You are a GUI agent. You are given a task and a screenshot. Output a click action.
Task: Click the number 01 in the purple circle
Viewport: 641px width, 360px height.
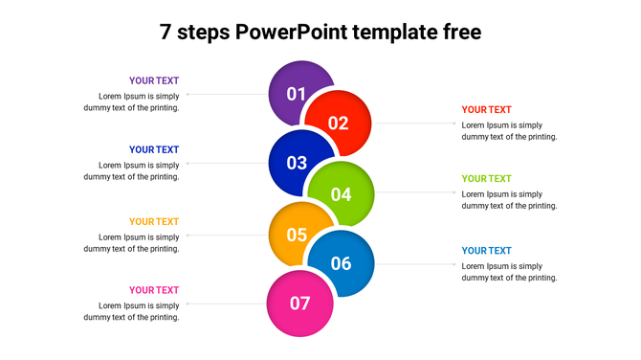pyautogui.click(x=296, y=94)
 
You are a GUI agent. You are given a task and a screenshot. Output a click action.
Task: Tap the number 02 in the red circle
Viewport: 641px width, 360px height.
pyautogui.click(x=338, y=123)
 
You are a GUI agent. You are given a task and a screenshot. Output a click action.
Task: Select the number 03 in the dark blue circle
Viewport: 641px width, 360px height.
pyautogui.click(x=297, y=163)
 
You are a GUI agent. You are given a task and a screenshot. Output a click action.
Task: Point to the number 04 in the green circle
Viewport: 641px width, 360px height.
pyautogui.click(x=341, y=194)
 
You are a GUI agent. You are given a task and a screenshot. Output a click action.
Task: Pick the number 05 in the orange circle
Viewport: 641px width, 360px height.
pyautogui.click(x=297, y=235)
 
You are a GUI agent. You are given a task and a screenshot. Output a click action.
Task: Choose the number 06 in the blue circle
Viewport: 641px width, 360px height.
pyautogui.click(x=341, y=263)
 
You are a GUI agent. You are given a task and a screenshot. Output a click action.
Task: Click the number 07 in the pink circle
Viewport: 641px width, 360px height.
pyautogui.click(x=299, y=304)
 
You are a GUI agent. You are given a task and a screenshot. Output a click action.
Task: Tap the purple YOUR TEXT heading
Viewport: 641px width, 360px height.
pyautogui.click(x=154, y=80)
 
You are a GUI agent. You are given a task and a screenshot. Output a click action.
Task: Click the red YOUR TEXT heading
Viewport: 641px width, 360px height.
pyautogui.click(x=486, y=109)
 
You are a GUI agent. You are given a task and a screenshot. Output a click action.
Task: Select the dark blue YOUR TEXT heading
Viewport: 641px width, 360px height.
pyautogui.click(x=154, y=149)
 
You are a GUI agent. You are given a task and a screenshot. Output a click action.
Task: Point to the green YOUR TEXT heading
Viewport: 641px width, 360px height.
pyautogui.click(x=486, y=178)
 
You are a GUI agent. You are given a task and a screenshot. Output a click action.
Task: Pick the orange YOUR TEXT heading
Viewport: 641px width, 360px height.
pyautogui.click(x=154, y=221)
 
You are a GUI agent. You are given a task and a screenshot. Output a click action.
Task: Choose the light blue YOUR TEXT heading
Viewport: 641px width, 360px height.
pyautogui.click(x=486, y=250)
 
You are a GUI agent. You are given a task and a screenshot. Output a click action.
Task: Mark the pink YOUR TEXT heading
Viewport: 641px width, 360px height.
pyautogui.click(x=154, y=290)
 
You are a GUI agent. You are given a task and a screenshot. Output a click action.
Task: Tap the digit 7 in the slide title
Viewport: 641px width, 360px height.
pyautogui.click(x=166, y=33)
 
